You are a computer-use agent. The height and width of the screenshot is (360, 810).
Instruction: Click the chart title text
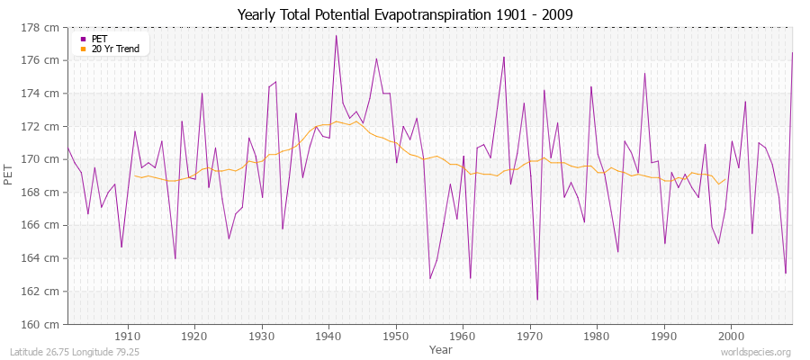[405, 14]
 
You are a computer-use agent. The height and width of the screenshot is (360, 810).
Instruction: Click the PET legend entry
[99, 39]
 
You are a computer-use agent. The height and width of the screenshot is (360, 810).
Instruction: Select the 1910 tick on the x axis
[128, 336]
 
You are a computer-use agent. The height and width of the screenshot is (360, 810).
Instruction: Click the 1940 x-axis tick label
[328, 336]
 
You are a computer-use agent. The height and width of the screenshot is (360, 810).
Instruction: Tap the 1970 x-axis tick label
[530, 336]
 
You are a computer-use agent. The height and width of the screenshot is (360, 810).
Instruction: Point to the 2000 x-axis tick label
[731, 336]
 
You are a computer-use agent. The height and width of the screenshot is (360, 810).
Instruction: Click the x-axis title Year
[441, 348]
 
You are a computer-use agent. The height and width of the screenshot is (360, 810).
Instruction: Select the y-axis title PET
[9, 175]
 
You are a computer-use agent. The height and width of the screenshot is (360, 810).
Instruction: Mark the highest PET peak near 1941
[336, 36]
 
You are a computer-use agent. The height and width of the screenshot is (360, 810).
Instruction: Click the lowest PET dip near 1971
[537, 300]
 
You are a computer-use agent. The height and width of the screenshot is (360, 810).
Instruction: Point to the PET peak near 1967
[504, 57]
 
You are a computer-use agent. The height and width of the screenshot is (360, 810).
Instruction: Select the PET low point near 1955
[430, 278]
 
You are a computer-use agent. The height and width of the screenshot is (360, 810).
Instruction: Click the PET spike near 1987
[644, 73]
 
